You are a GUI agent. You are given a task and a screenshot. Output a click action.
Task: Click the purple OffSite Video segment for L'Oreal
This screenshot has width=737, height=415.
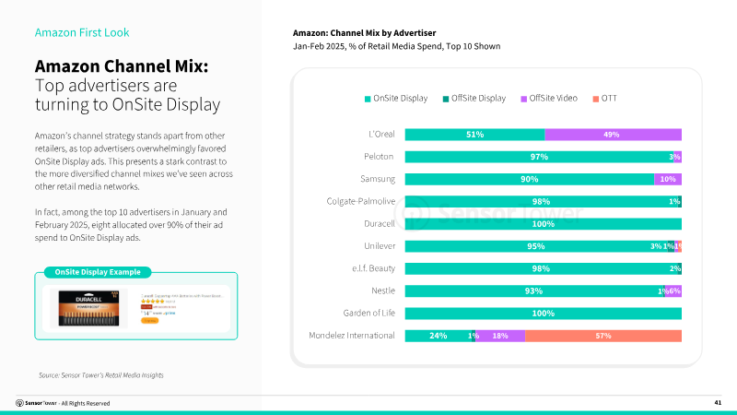point(613,134)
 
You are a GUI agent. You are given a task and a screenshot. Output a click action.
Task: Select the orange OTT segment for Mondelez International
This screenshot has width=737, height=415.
point(603,336)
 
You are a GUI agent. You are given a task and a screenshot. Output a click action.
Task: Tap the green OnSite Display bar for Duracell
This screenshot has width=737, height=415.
point(544,223)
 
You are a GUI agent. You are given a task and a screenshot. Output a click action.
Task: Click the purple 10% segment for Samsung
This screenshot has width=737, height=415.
point(668,179)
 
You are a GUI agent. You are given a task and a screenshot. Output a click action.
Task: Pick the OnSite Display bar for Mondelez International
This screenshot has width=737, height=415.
point(438,336)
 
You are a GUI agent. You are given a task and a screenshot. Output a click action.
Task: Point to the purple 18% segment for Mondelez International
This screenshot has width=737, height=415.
point(500,336)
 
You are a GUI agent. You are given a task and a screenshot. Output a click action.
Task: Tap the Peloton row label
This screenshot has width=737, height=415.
point(380,157)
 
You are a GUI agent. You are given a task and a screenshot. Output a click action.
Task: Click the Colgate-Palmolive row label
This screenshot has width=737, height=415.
point(361,201)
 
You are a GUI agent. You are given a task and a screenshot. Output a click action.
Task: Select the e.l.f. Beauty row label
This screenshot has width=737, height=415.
point(372,268)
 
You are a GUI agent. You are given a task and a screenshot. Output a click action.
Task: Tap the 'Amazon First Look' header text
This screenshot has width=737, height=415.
point(82,32)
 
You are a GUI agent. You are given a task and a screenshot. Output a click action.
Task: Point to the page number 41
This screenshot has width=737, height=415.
point(718,403)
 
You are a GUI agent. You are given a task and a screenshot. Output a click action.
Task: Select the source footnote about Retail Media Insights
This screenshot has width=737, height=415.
point(100,374)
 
